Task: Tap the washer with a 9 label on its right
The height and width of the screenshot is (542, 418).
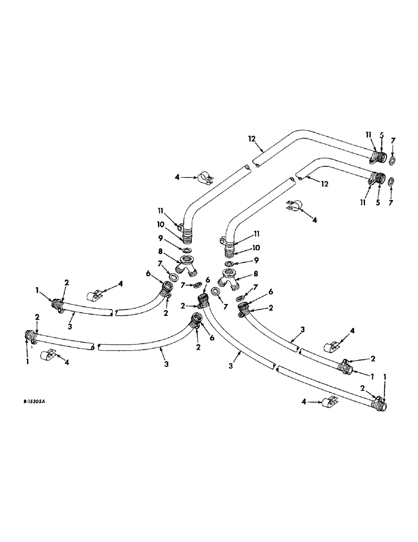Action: coord(231,263)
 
